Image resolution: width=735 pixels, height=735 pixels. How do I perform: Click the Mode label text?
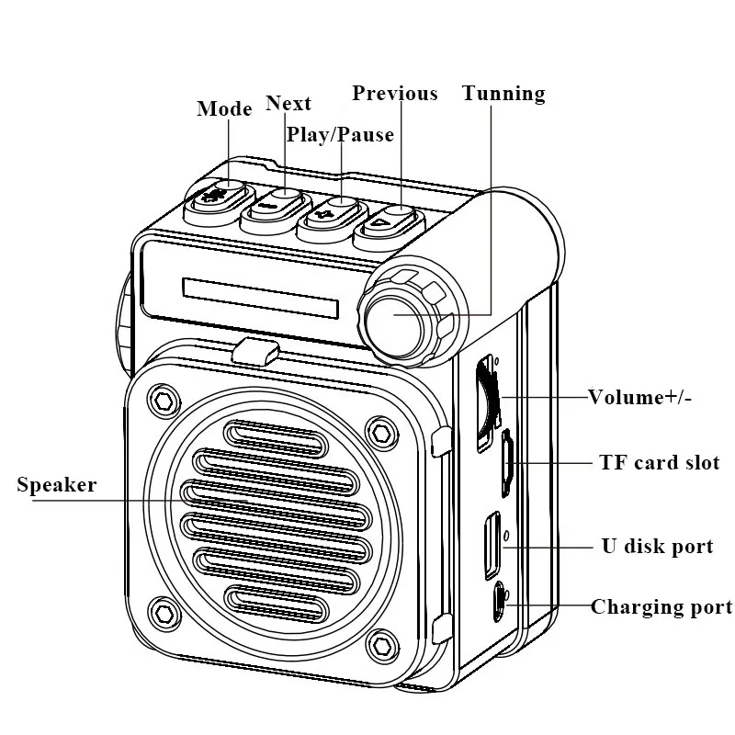[224, 109]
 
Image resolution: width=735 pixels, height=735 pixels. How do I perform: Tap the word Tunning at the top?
[503, 94]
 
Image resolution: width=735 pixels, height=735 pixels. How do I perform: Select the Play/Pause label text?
[340, 135]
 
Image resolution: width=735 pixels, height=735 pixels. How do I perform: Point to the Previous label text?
[395, 94]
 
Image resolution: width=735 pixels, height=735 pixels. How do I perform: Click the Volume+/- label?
[640, 398]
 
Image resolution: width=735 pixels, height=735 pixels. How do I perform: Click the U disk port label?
[657, 547]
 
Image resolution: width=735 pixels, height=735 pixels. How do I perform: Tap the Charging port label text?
[661, 607]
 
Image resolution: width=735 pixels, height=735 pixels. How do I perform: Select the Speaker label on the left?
[56, 485]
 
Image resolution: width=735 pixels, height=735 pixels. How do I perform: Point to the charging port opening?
[500, 603]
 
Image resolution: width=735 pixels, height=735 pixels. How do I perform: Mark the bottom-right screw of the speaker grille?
[379, 640]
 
